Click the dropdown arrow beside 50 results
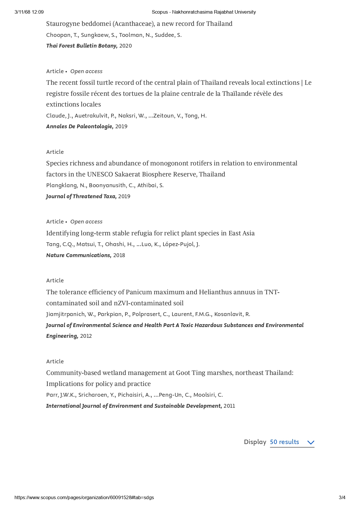[311, 443]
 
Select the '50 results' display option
[284, 442]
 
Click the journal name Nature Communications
[79, 255]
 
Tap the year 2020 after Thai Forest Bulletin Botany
[125, 46]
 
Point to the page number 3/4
[342, 497]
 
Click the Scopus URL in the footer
[84, 497]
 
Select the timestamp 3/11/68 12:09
[29, 12]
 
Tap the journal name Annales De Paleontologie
[80, 127]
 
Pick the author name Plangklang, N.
[66, 185]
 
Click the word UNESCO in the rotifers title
[100, 174]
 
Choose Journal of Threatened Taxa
[81, 196]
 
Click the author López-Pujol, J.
[181, 244]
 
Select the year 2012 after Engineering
[86, 336]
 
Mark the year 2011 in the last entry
[229, 406]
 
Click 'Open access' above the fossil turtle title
[86, 71]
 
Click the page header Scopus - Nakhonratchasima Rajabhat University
[204, 12]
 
